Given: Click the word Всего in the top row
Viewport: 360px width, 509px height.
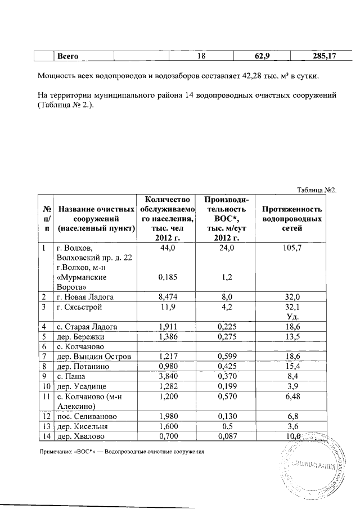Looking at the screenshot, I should point(67,56).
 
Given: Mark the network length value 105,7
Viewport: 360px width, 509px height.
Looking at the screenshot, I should point(296,247).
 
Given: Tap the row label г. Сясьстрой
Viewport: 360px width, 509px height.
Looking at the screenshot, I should point(80,307).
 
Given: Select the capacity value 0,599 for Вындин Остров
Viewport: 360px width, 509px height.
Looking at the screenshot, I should point(224,357).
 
